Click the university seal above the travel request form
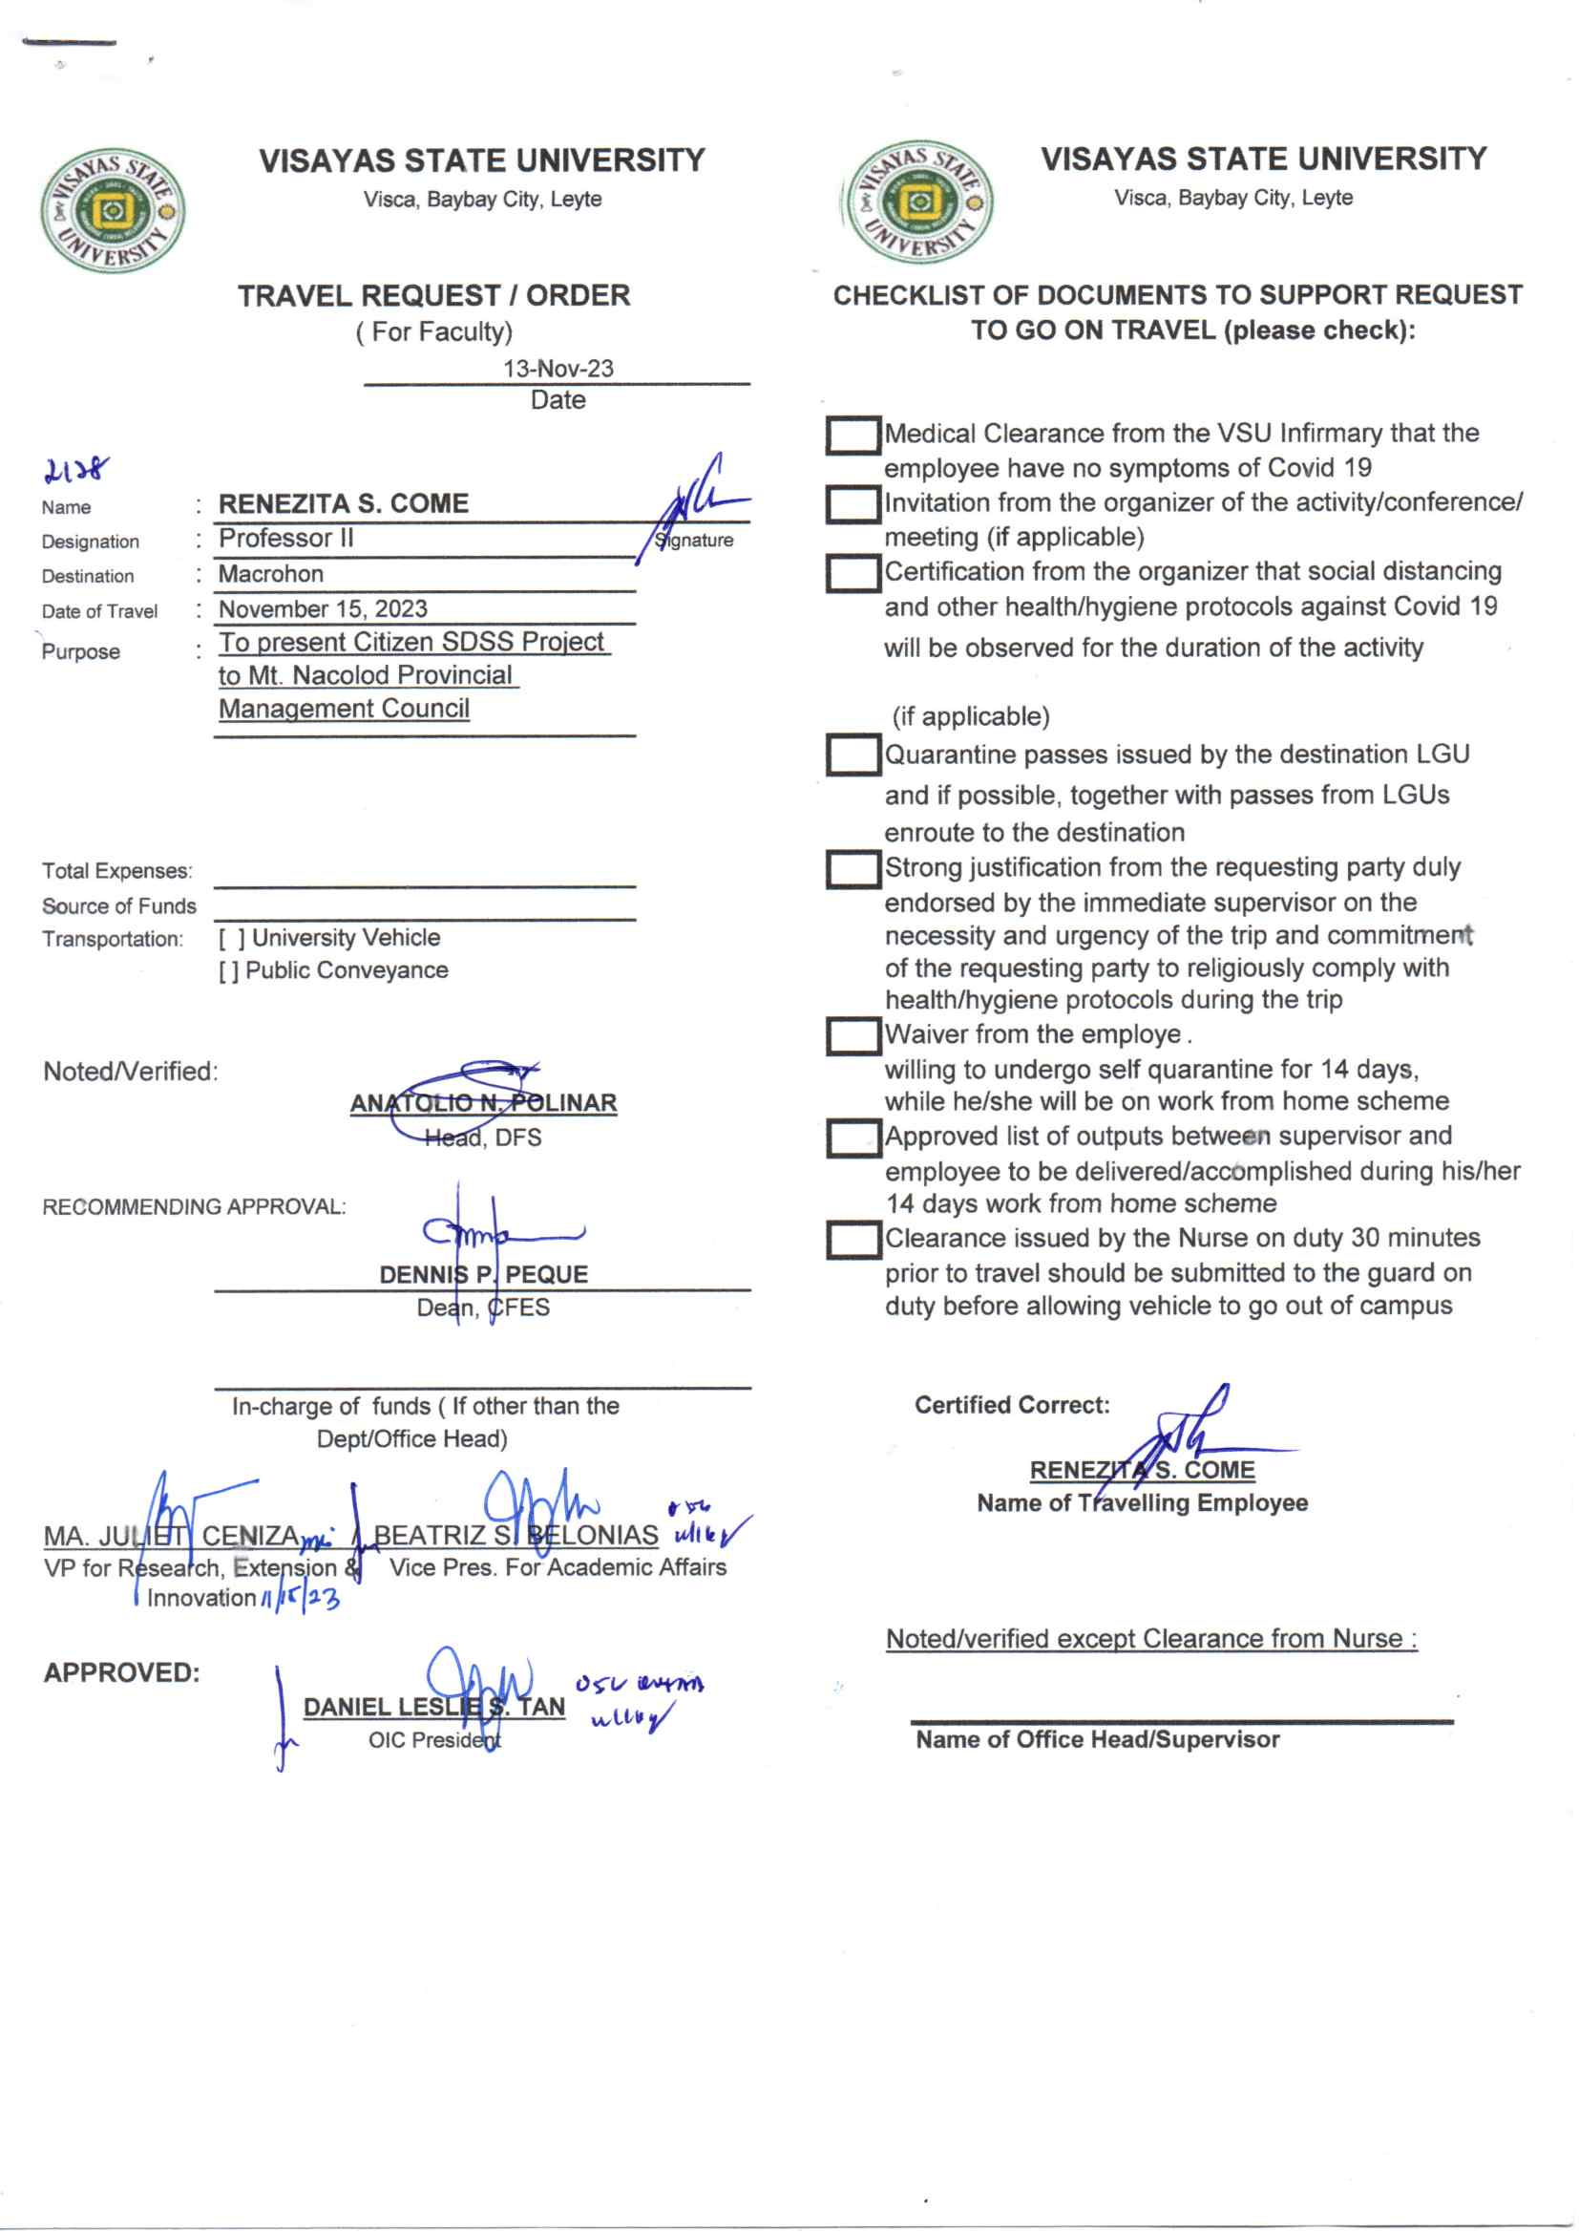113,210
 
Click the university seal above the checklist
917,202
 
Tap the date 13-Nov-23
558,369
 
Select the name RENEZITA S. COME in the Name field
344,503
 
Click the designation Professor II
285,538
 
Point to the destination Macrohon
270,574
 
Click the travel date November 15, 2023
323,608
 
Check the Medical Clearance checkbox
853,436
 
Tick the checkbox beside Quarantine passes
853,755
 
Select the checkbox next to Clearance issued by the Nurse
853,1240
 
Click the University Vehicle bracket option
231,939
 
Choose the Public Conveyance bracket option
227,971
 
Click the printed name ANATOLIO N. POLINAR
483,1104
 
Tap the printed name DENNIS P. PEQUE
483,1275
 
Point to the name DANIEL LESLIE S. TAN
433,1708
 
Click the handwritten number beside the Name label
74,472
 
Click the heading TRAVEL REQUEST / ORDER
433,296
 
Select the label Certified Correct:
1011,1405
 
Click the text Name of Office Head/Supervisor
1097,1740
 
